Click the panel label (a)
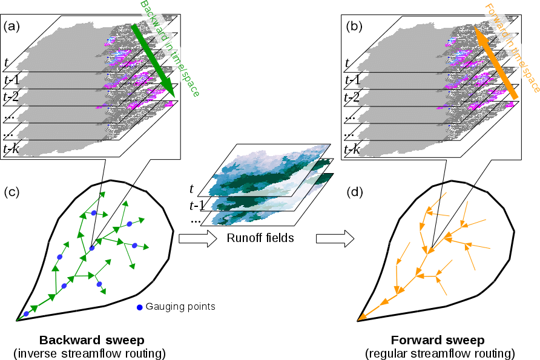[13, 27]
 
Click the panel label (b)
[354, 27]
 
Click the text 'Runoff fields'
[260, 238]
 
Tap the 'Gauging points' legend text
[180, 307]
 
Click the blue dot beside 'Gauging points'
[140, 307]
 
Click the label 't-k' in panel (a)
[12, 148]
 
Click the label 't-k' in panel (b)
[354, 148]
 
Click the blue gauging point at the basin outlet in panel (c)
[26, 314]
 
